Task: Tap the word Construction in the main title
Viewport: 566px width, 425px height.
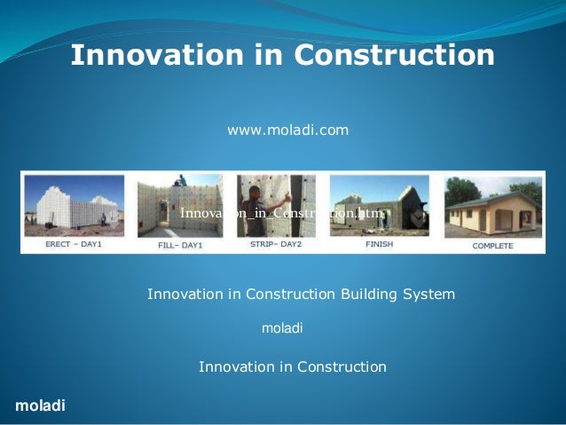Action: click(393, 56)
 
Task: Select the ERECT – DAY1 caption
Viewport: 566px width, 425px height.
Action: click(75, 244)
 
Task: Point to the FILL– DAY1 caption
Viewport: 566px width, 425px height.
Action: click(179, 244)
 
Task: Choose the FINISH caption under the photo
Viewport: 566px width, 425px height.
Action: click(379, 244)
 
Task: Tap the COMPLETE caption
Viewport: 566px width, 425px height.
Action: click(491, 245)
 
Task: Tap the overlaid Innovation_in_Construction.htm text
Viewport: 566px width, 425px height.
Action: click(282, 214)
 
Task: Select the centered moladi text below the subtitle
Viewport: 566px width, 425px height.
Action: click(282, 328)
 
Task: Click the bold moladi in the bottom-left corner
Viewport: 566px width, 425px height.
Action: click(40, 405)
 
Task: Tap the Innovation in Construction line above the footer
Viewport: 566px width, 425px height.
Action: click(293, 366)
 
